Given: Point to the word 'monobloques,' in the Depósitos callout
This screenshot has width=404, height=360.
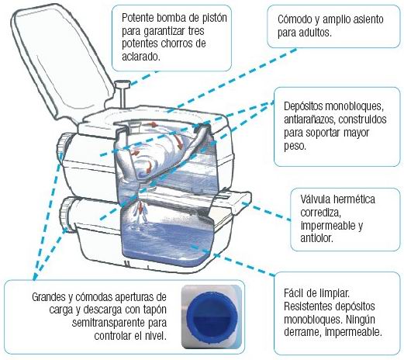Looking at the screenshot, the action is point(353,106).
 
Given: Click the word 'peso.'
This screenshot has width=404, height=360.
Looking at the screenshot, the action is point(295,147).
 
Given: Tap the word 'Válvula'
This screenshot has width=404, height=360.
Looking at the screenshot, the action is point(316,199).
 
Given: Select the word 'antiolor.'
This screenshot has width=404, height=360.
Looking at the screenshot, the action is point(317,238).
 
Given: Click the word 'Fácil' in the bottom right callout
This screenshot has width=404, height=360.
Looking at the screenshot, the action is point(294,293).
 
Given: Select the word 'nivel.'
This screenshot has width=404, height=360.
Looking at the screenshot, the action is point(154,336).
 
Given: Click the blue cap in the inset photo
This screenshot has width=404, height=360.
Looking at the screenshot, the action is point(212,317).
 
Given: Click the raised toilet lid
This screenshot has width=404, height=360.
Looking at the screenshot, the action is point(60,61).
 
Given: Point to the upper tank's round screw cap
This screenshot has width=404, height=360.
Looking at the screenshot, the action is point(64,147).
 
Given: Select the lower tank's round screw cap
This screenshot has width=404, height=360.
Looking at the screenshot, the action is point(67,213).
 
